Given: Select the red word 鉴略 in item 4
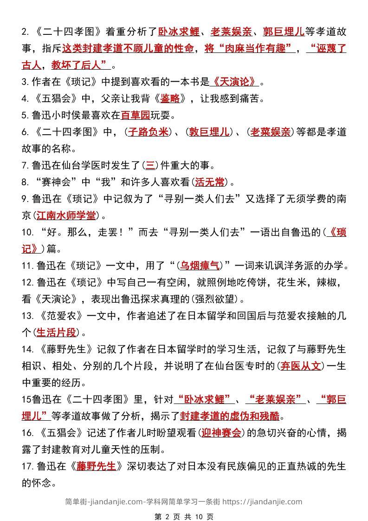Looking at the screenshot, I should click(x=169, y=98).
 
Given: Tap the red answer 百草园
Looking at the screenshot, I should click(x=136, y=115).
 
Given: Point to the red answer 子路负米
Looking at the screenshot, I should click(x=148, y=132).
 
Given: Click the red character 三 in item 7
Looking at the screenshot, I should click(x=150, y=165).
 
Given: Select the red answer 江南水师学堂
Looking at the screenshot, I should click(x=66, y=215).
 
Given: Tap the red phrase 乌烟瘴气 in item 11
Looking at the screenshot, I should click(x=200, y=266).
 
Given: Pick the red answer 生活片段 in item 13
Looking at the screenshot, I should click(x=56, y=332).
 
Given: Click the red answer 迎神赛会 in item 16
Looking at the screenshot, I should click(x=221, y=433).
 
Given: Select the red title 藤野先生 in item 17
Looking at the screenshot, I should click(x=97, y=466).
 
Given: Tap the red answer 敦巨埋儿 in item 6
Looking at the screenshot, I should click(x=209, y=132).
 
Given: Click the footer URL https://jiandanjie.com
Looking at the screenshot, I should click(x=262, y=501).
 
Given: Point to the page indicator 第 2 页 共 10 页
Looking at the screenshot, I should click(x=183, y=516).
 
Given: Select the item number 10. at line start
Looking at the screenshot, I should click(x=28, y=232).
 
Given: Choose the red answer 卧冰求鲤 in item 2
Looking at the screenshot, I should click(x=179, y=32).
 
